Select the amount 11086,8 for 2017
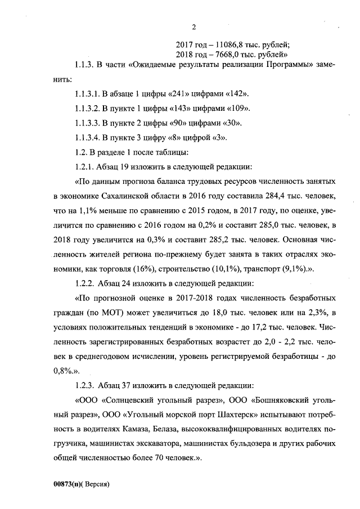coord(226,44)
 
